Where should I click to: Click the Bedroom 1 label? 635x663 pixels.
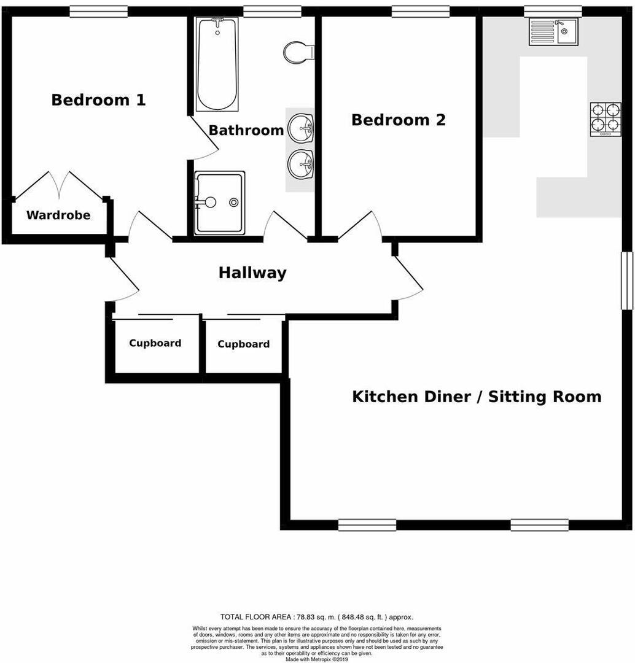[98, 100]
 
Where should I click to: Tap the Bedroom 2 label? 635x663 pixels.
[398, 120]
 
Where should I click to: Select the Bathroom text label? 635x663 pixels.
[246, 130]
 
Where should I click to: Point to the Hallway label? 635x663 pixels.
[252, 273]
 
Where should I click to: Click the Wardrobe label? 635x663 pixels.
[58, 215]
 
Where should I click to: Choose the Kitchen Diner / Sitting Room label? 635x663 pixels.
[477, 397]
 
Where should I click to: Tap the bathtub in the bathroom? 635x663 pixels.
[217, 64]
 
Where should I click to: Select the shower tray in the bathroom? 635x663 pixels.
[220, 203]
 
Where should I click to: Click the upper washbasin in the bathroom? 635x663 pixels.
[301, 128]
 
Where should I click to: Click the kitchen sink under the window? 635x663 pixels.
[553, 31]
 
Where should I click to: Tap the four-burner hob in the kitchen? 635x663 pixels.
[606, 119]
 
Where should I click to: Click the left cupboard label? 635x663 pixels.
[155, 343]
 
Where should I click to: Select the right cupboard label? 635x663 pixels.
[243, 344]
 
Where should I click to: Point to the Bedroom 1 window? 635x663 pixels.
[98, 11]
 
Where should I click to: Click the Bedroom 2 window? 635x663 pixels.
[420, 11]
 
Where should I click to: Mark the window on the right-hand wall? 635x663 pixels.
[626, 281]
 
